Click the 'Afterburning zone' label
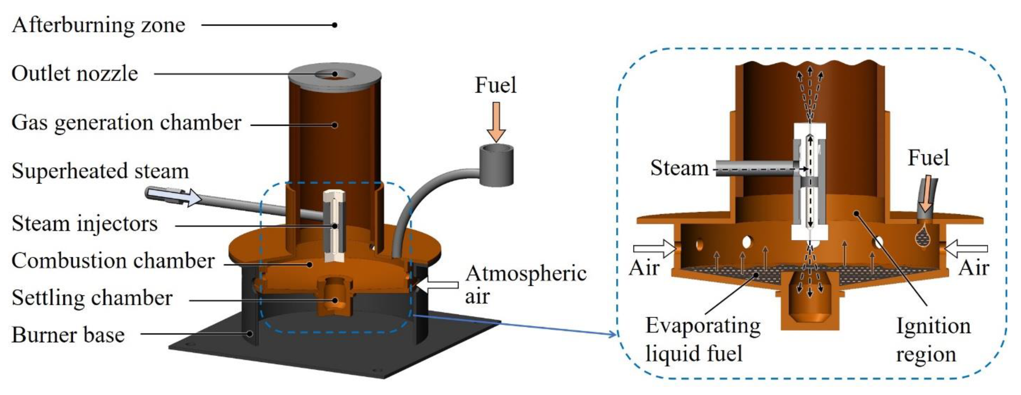98,25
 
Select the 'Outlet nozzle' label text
74,74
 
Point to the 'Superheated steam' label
100,171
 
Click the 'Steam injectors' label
84,224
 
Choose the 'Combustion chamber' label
113,261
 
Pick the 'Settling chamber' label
92,298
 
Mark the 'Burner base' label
68,335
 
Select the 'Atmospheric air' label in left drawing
525,284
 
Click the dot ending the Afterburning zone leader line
335,25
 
